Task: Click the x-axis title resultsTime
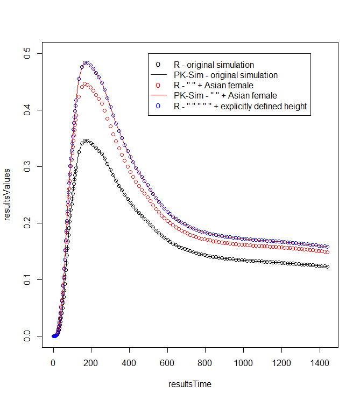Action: tap(190, 384)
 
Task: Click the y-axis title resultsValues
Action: tap(8, 194)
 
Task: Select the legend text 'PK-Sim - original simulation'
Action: tap(225, 75)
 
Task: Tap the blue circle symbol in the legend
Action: tap(158, 106)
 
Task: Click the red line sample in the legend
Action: tap(158, 96)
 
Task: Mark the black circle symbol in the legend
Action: tap(158, 65)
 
